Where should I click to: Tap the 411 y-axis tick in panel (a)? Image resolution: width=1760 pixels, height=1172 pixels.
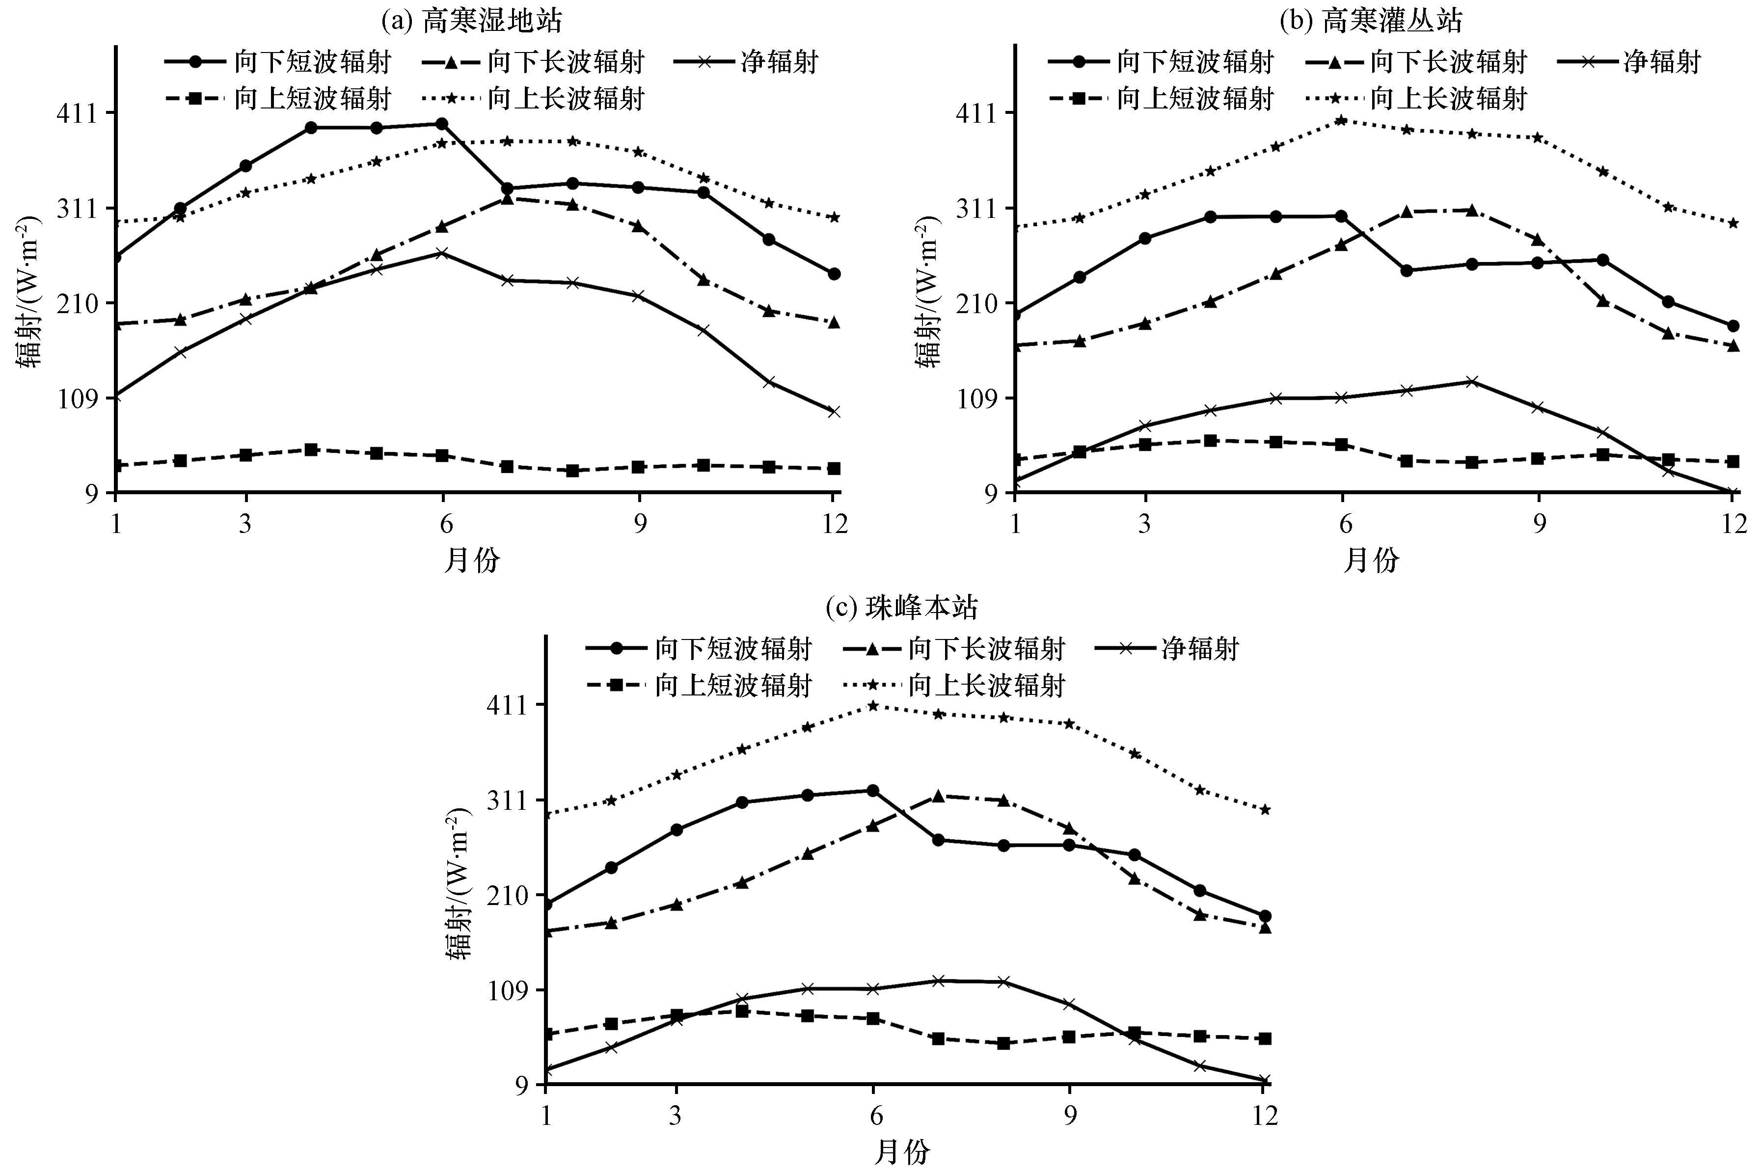coord(77,113)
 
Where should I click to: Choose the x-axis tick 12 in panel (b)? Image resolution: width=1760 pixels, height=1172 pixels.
coord(1732,524)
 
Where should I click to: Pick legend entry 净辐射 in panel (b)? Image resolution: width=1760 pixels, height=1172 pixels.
coord(1661,62)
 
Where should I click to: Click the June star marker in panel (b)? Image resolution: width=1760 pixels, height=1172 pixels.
coord(1342,120)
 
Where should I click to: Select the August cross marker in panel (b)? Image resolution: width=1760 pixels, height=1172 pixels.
coord(1471,382)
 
